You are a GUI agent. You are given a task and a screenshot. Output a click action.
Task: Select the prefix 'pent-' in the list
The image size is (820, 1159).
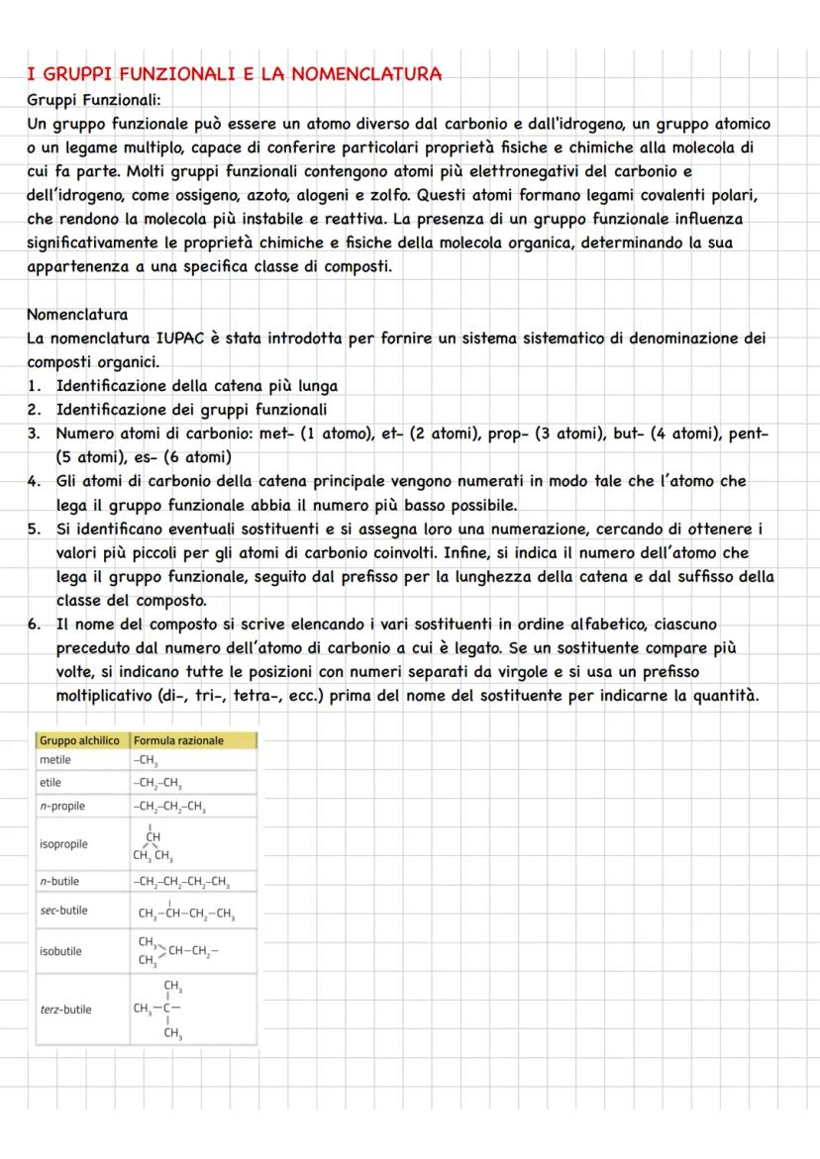click(x=748, y=434)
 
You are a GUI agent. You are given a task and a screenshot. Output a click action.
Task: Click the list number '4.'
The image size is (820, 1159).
click(x=35, y=481)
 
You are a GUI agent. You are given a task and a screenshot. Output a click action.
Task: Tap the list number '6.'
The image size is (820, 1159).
click(x=35, y=624)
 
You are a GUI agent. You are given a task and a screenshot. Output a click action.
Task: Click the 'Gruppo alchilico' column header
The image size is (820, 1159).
click(x=79, y=740)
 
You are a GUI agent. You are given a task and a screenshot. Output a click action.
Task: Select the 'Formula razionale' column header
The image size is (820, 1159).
click(x=179, y=740)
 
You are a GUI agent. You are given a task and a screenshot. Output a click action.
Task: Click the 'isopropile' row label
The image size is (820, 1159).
click(x=63, y=844)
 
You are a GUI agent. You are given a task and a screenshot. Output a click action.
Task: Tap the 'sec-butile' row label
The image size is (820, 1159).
click(x=63, y=911)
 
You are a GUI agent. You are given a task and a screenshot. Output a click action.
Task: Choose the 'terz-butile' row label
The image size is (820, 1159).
click(x=65, y=1010)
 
